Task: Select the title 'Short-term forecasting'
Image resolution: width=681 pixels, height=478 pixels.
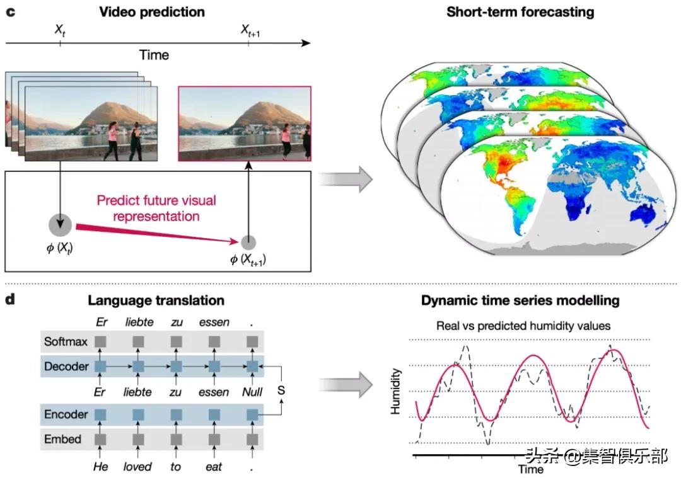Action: pos(520,12)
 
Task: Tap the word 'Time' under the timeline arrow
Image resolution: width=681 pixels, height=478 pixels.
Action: pos(154,55)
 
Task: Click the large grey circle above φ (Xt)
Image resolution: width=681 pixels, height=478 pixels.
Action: pos(61,225)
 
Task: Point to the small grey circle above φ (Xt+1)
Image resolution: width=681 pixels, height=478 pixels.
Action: pos(249,241)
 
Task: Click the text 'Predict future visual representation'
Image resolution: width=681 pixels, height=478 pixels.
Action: pos(156,208)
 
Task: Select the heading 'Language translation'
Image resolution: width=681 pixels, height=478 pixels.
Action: pos(156,300)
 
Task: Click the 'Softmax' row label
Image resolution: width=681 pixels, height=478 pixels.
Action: pos(62,343)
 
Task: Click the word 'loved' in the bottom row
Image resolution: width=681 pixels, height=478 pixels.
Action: pos(137,467)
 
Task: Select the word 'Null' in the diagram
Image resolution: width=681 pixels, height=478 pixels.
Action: pos(253,391)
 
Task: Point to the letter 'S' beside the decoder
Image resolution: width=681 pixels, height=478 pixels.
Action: pos(281,390)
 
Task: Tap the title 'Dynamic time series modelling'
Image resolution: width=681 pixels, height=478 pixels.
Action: pos(520,300)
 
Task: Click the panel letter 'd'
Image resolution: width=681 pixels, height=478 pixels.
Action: pos(10,299)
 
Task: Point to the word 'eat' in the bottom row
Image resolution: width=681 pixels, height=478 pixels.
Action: pos(213,467)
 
